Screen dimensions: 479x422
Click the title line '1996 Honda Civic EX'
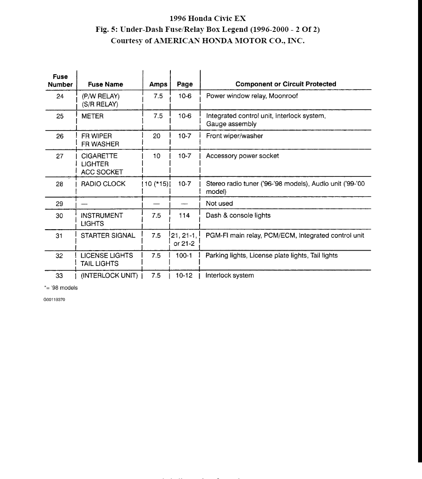point(208,18)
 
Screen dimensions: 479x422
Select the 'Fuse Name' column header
point(105,84)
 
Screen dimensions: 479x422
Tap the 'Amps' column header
point(158,84)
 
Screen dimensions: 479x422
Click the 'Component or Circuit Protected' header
point(286,84)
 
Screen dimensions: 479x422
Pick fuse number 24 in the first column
point(60,96)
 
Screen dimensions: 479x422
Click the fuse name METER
point(92,116)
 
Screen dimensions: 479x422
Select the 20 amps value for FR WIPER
point(156,136)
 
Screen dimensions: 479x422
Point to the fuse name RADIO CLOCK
point(103,184)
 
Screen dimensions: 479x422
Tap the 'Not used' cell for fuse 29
point(219,203)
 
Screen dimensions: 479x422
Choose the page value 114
point(184,215)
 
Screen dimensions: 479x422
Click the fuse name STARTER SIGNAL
point(108,235)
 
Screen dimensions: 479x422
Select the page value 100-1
point(184,255)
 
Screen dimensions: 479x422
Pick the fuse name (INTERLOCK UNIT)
point(109,276)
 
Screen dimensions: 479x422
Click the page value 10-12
point(184,276)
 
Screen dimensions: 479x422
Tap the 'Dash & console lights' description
point(238,215)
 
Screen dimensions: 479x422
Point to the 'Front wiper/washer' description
point(234,136)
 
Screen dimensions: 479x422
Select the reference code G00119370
point(54,300)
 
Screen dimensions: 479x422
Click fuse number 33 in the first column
point(60,276)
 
